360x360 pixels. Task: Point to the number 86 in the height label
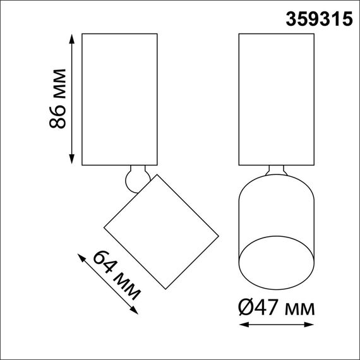[x=58, y=116]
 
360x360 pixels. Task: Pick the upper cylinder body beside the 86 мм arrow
[x=119, y=98]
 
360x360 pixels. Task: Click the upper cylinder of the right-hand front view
[x=277, y=98]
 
